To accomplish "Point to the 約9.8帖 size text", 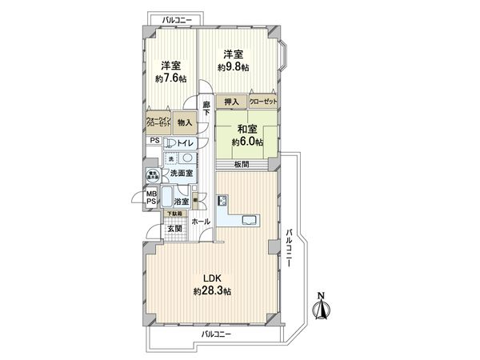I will [234, 67].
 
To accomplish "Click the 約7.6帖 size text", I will [170, 78].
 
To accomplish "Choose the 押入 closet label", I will [230, 102].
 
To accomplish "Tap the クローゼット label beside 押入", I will [263, 102].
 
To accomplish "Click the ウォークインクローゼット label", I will [157, 123].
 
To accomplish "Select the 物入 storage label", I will [185, 123].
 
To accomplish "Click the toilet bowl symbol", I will [170, 142].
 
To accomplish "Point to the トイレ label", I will [186, 142].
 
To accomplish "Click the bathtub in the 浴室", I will [168, 198].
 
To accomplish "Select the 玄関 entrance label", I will [175, 228].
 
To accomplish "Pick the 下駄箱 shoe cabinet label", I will [174, 214].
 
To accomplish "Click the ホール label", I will [202, 221].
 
